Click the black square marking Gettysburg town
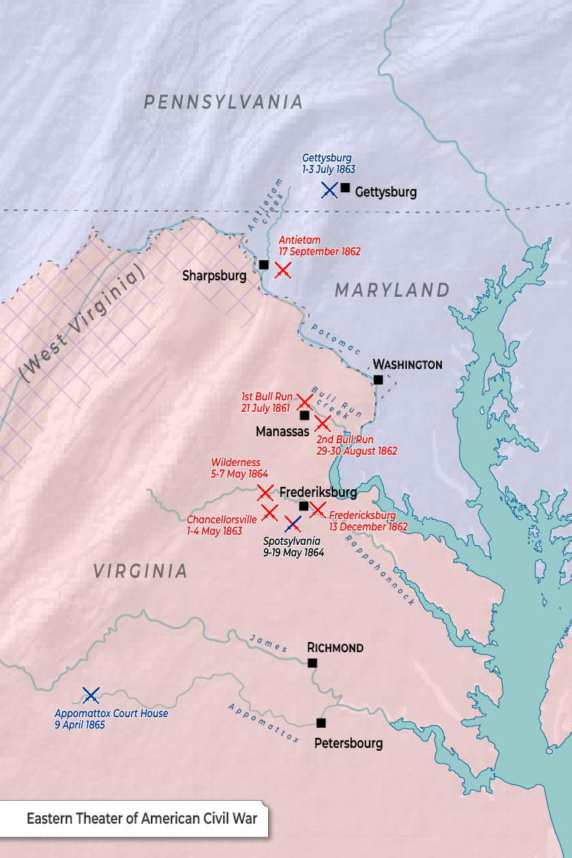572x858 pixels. click(x=345, y=188)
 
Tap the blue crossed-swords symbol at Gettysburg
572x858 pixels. click(x=330, y=189)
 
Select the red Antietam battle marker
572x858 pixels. click(x=283, y=270)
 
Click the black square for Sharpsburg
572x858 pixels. click(x=264, y=265)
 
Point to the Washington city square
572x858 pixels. click(x=378, y=380)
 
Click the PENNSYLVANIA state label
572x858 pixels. click(x=224, y=102)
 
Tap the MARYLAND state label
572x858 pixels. click(x=392, y=290)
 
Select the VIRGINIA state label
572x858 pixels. click(x=140, y=571)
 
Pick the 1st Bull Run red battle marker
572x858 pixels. click(x=305, y=402)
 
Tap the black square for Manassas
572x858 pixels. click(x=305, y=415)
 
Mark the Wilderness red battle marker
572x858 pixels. click(x=265, y=492)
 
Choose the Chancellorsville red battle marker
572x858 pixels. click(x=270, y=512)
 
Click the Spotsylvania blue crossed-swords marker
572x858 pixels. click(x=292, y=524)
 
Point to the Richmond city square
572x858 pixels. click(x=312, y=663)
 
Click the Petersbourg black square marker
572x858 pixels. click(x=321, y=722)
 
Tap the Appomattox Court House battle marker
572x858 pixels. click(x=91, y=694)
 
